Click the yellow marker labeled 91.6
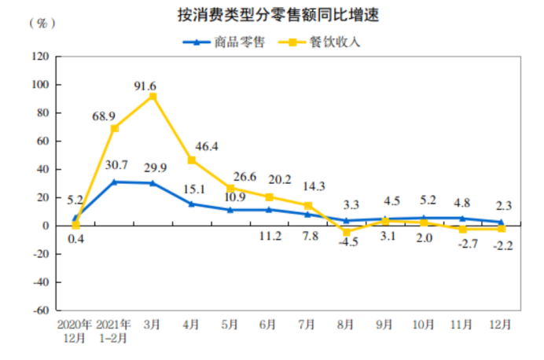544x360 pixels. (153, 97)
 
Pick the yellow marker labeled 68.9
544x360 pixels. (115, 128)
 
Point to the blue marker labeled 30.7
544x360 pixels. (115, 182)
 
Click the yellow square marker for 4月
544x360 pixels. (191, 160)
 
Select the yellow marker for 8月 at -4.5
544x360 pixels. (346, 232)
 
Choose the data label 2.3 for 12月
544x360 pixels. (502, 206)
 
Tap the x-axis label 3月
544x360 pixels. (153, 324)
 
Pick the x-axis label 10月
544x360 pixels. (424, 324)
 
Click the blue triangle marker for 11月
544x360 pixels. (462, 218)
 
